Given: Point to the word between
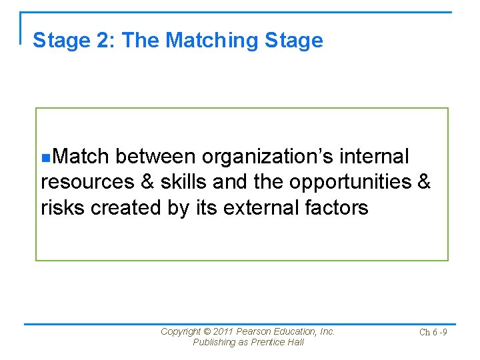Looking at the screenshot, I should tap(155, 157).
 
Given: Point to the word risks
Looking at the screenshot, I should tap(63, 207).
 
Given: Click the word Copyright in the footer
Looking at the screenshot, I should tap(181, 331).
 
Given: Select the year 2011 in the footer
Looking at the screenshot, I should tap(225, 331).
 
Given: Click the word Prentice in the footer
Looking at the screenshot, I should tap(266, 342).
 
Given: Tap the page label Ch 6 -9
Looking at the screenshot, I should tap(433, 332).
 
